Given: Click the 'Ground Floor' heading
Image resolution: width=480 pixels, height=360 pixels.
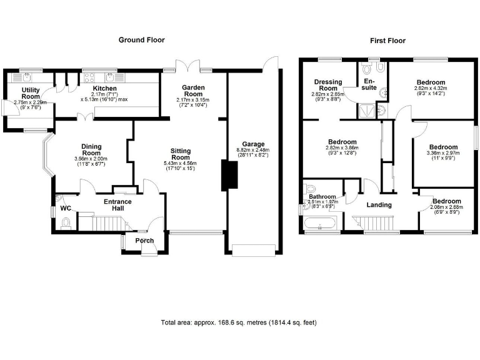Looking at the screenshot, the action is (x=141, y=40).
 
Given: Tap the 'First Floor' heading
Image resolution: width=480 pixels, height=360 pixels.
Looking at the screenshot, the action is (x=387, y=41).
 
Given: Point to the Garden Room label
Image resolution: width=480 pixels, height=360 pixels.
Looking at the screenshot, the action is (x=194, y=91).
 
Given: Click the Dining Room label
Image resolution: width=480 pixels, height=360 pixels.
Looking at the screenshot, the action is (x=91, y=150).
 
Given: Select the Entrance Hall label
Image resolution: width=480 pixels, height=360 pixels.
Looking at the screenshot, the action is (x=117, y=205).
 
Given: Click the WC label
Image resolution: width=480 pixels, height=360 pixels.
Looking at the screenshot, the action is (x=65, y=208).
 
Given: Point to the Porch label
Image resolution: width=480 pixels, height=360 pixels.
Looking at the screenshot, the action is (x=145, y=240).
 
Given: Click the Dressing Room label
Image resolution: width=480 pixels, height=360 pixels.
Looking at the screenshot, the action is (x=326, y=85).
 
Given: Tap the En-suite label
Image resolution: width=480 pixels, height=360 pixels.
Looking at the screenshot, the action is (x=369, y=84).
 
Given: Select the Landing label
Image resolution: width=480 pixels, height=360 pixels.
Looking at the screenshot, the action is (x=379, y=205).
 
